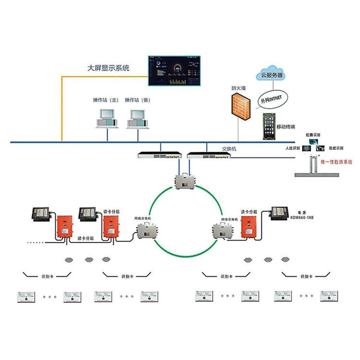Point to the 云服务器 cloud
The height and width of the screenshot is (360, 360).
(x=271, y=73)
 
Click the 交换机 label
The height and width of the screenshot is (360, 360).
(x=229, y=149)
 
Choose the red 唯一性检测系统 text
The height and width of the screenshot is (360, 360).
(x=336, y=162)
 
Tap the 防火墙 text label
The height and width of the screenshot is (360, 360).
(x=239, y=88)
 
